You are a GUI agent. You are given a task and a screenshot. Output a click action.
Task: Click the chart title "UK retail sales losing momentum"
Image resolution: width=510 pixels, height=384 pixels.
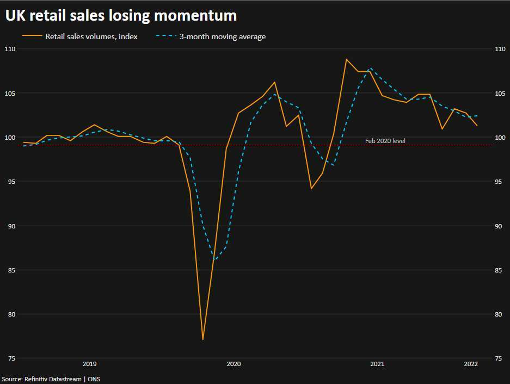click(x=121, y=16)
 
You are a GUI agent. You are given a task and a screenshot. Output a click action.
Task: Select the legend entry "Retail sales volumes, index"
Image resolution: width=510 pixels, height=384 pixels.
click(x=99, y=36)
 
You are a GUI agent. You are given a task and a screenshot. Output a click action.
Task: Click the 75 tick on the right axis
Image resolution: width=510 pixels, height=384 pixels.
click(x=499, y=358)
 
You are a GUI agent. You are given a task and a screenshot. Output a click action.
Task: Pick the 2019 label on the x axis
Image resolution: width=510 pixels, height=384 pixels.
click(x=89, y=363)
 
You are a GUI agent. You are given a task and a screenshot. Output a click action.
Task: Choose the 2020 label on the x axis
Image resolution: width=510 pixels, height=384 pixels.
click(x=234, y=363)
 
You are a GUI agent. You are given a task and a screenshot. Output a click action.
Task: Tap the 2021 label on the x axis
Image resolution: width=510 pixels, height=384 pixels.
click(x=377, y=363)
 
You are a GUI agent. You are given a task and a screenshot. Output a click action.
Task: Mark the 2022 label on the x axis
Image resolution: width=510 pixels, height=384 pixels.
click(x=471, y=363)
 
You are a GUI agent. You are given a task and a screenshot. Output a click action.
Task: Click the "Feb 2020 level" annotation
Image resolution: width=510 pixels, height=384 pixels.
click(x=385, y=141)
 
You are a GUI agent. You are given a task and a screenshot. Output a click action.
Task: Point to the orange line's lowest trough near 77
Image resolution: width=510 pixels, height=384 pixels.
click(x=202, y=339)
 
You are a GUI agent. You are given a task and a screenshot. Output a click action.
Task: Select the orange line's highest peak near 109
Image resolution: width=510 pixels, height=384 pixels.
click(x=346, y=59)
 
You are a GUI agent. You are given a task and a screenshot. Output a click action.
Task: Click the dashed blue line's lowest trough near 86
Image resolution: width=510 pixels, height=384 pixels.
click(x=214, y=259)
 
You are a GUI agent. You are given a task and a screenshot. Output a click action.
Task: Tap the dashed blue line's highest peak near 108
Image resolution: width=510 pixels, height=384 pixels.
click(x=371, y=69)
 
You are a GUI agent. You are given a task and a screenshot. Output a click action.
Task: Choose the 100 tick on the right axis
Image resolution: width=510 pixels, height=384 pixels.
click(x=499, y=138)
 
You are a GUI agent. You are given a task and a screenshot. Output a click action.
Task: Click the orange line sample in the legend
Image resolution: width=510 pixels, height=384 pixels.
click(x=32, y=36)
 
